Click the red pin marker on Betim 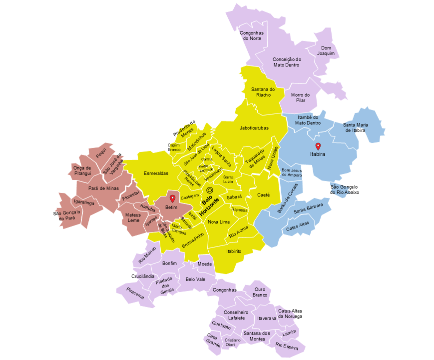tap(172, 198)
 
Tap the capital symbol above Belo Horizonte tap(210, 190)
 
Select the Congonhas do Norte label tap(252, 35)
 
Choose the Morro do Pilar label tap(301, 97)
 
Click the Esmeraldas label tap(156, 173)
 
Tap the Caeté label tap(263, 194)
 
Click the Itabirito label tap(234, 251)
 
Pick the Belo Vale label tap(195, 280)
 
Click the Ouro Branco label tap(260, 292)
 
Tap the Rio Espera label tap(287, 345)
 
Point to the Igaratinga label tap(83, 202)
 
